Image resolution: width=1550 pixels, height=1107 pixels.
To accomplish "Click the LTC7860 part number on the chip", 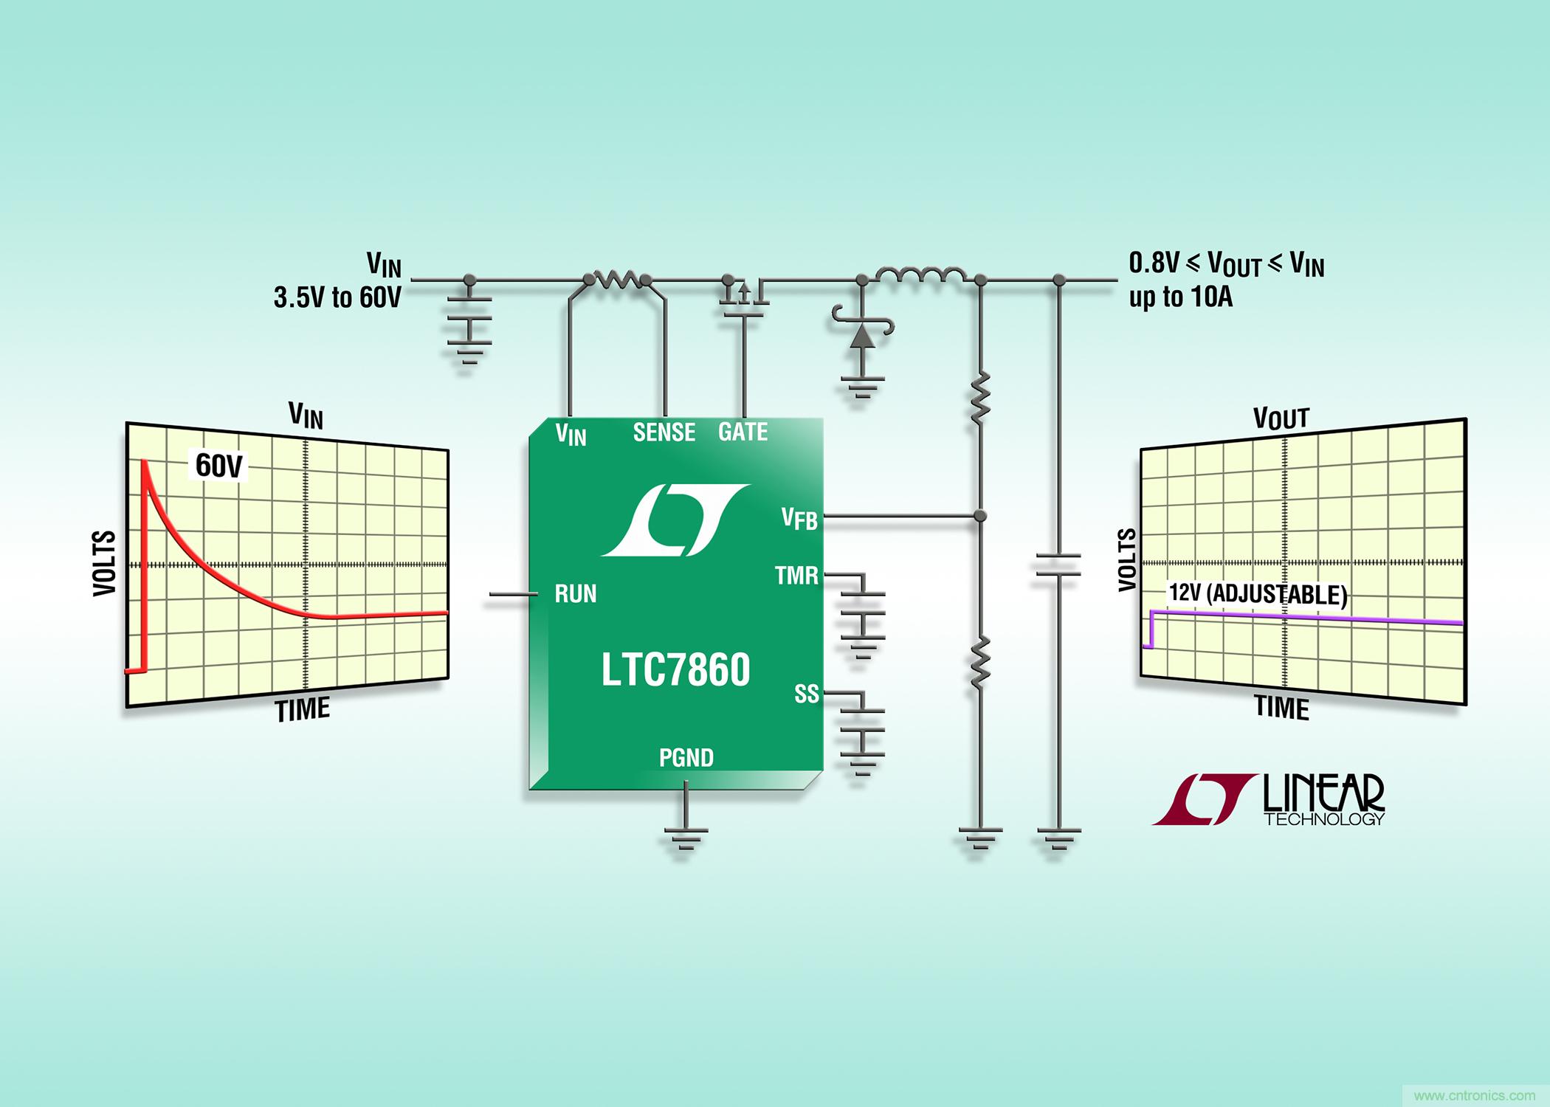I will [x=675, y=670].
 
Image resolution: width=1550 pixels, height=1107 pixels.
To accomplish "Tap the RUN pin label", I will [x=575, y=594].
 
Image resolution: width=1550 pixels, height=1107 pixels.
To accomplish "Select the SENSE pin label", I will [x=664, y=432].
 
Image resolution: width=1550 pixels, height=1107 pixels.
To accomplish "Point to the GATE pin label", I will [x=743, y=432].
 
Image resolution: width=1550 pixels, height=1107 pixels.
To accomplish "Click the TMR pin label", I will [x=796, y=576].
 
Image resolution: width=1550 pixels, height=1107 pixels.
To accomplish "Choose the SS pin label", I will [x=806, y=694].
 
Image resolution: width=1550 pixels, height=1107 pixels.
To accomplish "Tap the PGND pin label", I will [x=686, y=758].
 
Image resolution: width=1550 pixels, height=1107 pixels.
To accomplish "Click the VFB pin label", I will [x=799, y=519].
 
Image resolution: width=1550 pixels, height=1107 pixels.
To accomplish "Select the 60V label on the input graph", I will [x=218, y=466].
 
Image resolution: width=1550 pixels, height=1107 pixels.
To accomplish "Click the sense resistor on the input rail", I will [x=616, y=279].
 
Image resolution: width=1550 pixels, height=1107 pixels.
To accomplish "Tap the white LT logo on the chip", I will [x=675, y=520].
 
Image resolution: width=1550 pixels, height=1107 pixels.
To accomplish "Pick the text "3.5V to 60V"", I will [x=337, y=297].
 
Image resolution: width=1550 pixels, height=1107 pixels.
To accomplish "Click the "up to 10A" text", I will [x=1180, y=297].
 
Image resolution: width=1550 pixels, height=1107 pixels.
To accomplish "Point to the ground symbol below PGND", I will [x=686, y=838].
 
